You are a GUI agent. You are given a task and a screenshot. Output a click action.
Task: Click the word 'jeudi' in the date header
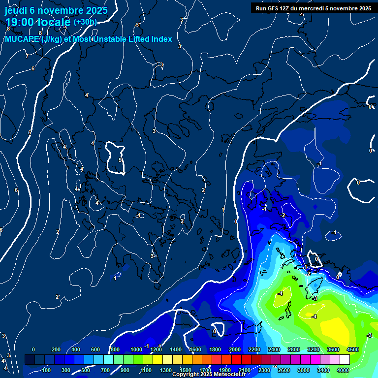coord(16,10)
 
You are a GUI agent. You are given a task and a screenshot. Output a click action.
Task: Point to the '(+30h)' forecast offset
coord(85,22)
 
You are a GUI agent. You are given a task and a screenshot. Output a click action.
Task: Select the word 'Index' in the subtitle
coord(161,39)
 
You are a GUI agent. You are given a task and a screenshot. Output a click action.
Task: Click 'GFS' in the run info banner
coord(279,8)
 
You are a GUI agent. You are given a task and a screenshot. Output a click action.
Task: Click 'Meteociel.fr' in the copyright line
coord(227,375)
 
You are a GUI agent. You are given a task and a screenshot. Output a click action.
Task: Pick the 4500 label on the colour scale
coord(352,349)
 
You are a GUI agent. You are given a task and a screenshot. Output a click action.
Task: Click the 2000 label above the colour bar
coord(235,349)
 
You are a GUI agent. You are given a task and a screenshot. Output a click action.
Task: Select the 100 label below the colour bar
coord(47,370)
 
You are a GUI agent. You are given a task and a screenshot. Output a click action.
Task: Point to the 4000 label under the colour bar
coord(343,370)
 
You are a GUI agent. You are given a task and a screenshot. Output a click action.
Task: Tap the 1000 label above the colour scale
coord(136,349)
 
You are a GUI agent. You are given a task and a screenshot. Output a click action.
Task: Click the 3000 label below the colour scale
coord(304,370)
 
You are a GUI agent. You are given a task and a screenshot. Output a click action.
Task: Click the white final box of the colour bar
coord(345,360)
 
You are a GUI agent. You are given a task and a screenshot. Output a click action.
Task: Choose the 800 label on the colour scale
coord(115,349)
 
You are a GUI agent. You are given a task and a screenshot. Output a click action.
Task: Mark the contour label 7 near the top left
coord(27,57)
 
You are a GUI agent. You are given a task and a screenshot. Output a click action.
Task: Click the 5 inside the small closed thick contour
coord(120,160)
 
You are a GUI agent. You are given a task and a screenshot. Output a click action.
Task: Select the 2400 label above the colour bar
coord(274,349)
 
